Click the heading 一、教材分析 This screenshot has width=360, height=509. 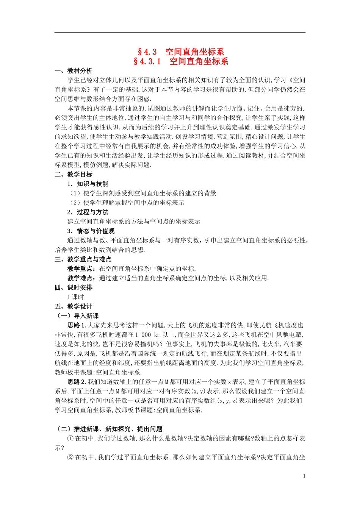coord(74,71)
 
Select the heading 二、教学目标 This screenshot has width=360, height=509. coord(74,175)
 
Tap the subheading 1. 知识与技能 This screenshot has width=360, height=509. coord(88,184)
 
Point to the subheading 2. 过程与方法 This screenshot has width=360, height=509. coord(88,212)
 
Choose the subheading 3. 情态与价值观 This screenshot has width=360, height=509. coord(91,231)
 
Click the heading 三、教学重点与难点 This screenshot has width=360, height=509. coord(83,259)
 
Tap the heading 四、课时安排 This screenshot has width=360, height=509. coord(74,288)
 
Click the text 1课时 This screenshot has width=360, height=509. coord(75,297)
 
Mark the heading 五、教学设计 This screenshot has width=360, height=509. coord(74,307)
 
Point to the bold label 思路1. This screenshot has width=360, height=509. coord(77,325)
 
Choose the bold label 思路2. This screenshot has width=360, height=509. coord(77,382)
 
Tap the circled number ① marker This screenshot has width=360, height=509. coord(70,439)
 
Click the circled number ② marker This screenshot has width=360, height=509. coord(70,457)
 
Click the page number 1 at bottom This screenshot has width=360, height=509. coord(304,476)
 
